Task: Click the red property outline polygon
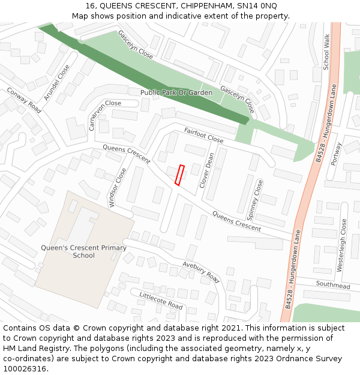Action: point(179,175)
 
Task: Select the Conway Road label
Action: point(24,100)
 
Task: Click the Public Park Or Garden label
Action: point(176,93)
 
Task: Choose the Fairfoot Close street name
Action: point(203,136)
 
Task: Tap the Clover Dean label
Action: point(206,170)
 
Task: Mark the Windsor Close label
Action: point(118,187)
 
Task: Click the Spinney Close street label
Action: point(256,197)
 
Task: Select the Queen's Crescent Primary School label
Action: point(83,251)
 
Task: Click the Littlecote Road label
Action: point(161,301)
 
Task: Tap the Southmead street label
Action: point(332,286)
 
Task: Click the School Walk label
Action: point(327,52)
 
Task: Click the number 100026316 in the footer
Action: point(25,369)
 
